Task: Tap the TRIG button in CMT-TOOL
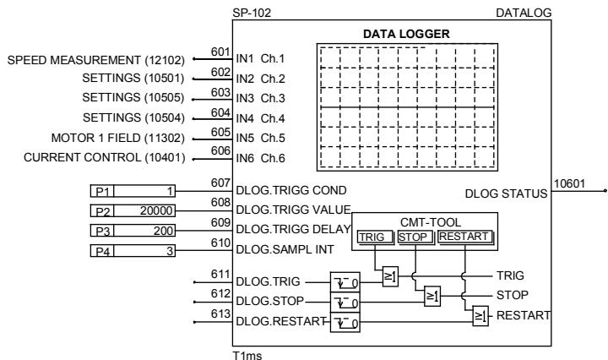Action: click(374, 237)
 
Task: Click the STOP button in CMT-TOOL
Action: click(414, 237)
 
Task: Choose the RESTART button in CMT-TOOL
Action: click(464, 237)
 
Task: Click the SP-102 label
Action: click(247, 14)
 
